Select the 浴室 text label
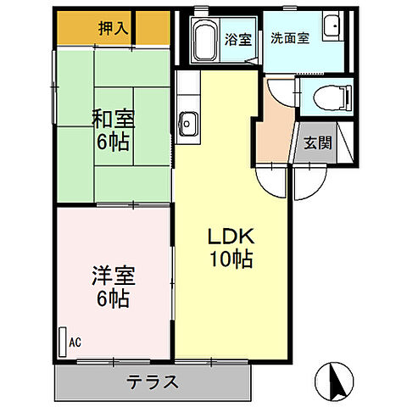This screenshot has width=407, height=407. pyautogui.click(x=237, y=38)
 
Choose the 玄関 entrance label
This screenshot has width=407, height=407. pyautogui.click(x=320, y=142)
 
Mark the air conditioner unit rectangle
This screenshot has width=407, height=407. pyautogui.click(x=63, y=342)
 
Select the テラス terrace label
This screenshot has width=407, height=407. pyautogui.click(x=153, y=382)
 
